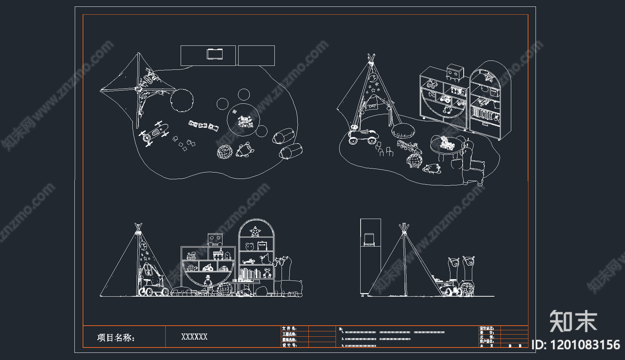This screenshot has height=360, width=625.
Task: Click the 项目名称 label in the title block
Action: pos(116,337)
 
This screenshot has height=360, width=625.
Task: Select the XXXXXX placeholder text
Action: pos(194,337)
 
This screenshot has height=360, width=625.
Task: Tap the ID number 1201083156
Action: pos(576,345)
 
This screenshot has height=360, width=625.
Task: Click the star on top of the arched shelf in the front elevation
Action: pos(255,231)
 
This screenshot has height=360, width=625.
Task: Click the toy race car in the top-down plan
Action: pos(154,133)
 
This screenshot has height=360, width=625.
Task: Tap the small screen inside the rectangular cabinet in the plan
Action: pos(214,54)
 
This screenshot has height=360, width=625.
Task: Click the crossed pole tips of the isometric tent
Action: pos(371,59)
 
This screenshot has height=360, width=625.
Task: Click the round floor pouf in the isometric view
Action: pos(404,130)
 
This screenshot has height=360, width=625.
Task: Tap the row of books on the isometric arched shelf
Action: pos(485,114)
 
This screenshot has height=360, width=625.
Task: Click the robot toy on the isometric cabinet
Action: pos(455,72)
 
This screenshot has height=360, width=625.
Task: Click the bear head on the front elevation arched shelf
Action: pos(249,247)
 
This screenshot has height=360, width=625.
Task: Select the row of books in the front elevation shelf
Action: pos(250,273)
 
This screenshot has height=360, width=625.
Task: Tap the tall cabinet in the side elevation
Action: pos(370,256)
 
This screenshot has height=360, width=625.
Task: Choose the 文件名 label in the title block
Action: pos(289,328)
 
